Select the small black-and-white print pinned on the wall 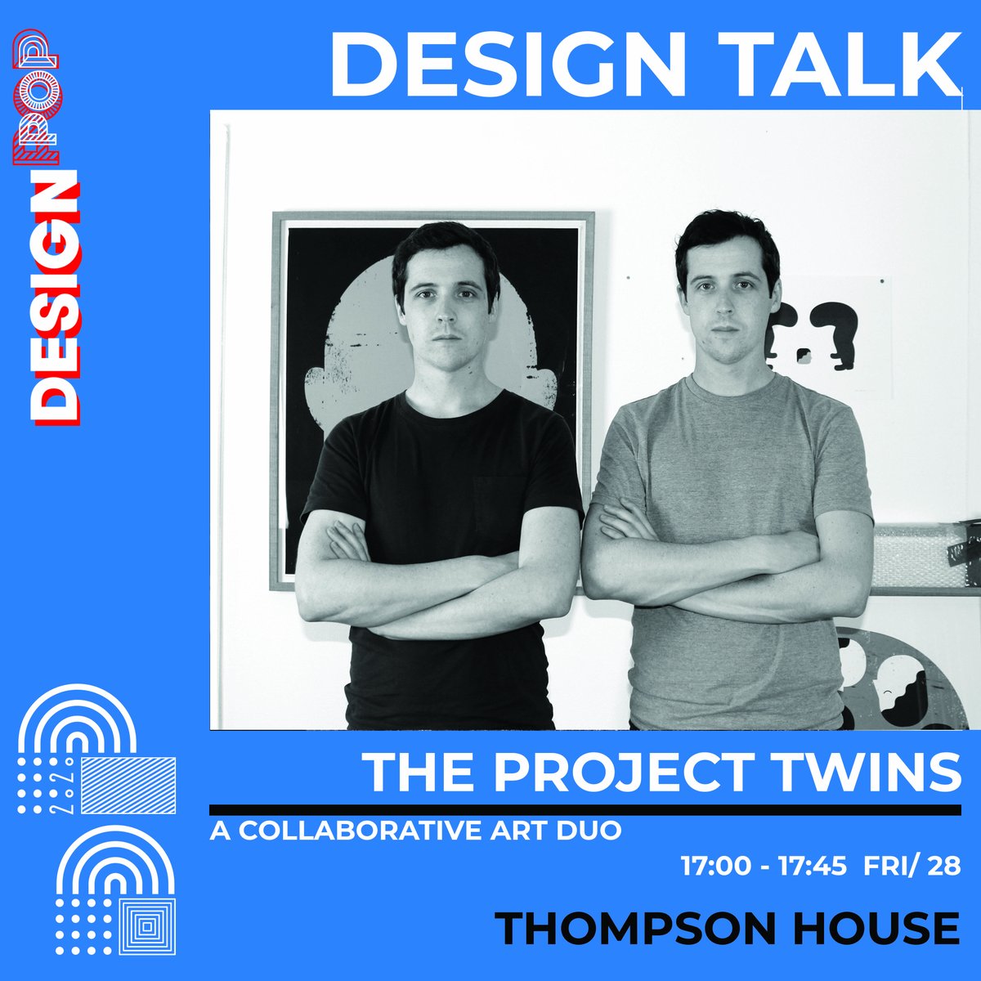click(x=826, y=335)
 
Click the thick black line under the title click(x=585, y=810)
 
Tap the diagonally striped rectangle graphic click(x=130, y=786)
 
